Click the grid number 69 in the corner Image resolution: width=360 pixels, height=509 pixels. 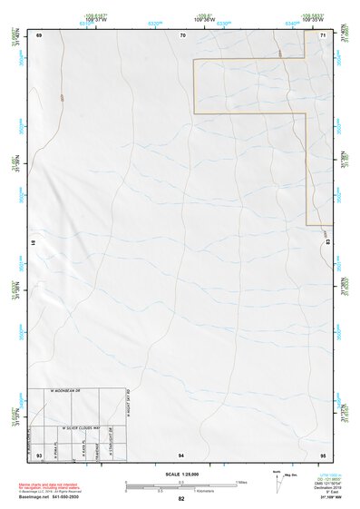[x=39, y=34]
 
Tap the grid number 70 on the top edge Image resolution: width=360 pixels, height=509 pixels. [x=182, y=34]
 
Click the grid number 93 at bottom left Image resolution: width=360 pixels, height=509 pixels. [x=39, y=453]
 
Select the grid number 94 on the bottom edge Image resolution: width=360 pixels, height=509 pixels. [x=181, y=453]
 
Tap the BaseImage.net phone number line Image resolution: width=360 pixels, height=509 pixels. [x=51, y=497]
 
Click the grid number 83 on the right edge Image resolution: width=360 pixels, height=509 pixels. [x=327, y=242]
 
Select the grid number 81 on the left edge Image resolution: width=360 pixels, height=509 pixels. [x=34, y=242]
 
